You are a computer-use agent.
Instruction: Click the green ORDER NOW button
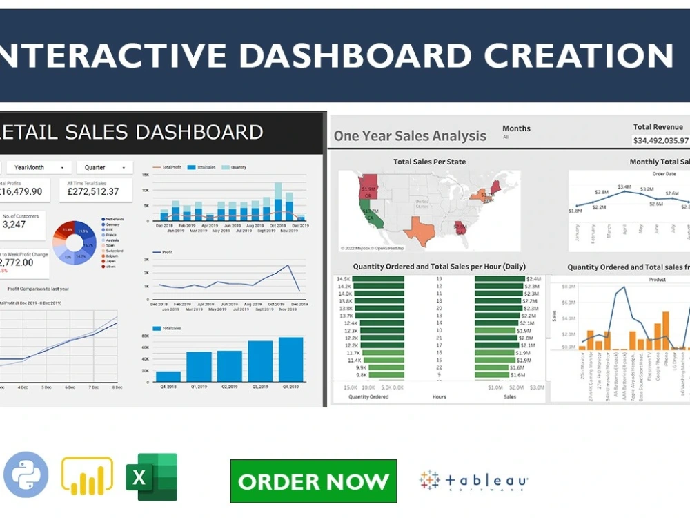[313, 481]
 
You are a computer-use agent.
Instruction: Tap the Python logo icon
[26, 475]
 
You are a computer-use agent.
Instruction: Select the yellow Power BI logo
[87, 477]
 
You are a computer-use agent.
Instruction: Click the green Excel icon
[151, 477]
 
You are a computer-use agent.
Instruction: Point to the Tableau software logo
[473, 481]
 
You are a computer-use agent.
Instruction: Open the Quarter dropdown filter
[104, 167]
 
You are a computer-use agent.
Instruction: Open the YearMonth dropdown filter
[39, 167]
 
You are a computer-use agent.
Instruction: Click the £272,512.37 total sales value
[88, 191]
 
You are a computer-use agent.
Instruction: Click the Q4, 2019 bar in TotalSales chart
[290, 359]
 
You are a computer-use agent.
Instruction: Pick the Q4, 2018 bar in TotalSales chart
[168, 376]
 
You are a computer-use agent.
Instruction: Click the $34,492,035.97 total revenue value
[660, 140]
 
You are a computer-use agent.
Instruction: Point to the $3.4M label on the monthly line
[624, 186]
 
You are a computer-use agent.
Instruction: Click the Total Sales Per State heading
[429, 162]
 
